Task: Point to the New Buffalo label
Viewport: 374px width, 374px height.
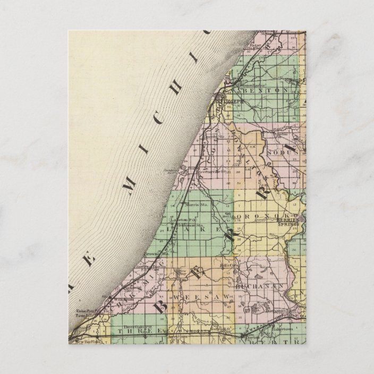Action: pyautogui.click(x=87, y=342)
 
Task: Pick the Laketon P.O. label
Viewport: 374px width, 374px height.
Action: pyautogui.click(x=189, y=219)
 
